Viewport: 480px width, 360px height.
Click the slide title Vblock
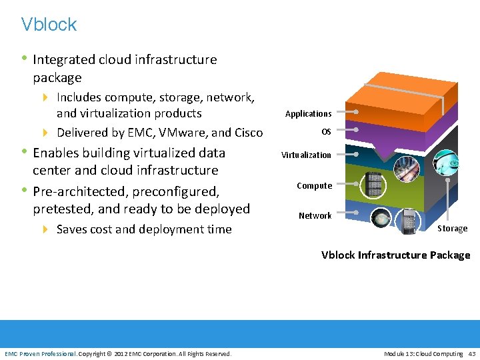coord(49,25)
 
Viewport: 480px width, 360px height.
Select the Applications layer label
coord(308,114)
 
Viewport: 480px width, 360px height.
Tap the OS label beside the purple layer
coord(326,132)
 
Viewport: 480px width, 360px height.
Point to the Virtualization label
coord(306,155)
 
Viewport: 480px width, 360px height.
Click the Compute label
coord(314,186)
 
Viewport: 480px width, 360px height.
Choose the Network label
coord(315,216)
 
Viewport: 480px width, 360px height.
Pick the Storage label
coord(452,229)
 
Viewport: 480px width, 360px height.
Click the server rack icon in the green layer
coord(374,184)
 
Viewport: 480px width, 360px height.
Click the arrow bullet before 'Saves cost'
coord(46,229)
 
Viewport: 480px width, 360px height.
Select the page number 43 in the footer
coord(472,353)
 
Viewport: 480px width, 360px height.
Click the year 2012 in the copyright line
coord(121,353)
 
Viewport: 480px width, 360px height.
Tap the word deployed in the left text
coord(223,209)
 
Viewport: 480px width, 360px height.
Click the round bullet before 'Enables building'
coord(25,152)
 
